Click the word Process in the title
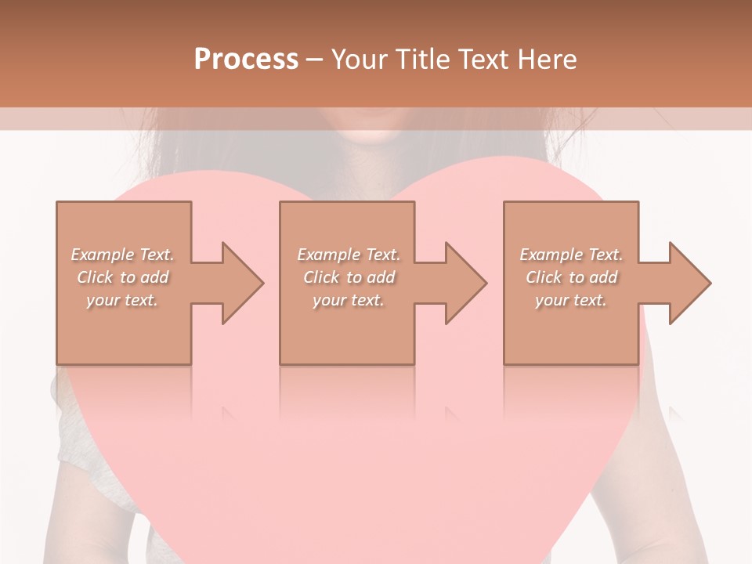246,60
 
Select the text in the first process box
123,277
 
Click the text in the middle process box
348,277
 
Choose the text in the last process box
571,277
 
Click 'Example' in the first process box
103,255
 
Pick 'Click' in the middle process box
320,277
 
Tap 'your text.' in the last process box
571,300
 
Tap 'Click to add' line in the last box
571,277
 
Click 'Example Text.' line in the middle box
348,255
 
